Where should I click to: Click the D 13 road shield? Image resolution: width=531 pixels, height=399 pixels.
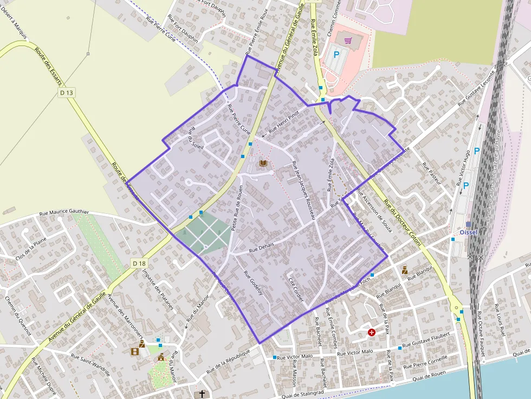click(67, 93)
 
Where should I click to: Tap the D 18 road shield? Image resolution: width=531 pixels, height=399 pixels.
click(139, 263)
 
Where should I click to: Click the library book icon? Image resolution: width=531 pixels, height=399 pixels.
click(263, 163)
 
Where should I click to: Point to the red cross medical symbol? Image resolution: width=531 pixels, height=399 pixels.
click(372, 332)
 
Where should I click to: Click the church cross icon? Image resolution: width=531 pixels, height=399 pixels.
click(203, 394)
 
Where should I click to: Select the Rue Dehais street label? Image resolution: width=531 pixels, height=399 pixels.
click(262, 247)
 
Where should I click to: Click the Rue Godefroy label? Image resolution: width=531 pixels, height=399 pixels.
click(253, 282)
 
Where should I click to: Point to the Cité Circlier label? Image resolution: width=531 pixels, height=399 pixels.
click(296, 290)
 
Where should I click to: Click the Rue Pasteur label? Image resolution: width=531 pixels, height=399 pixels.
click(432, 174)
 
